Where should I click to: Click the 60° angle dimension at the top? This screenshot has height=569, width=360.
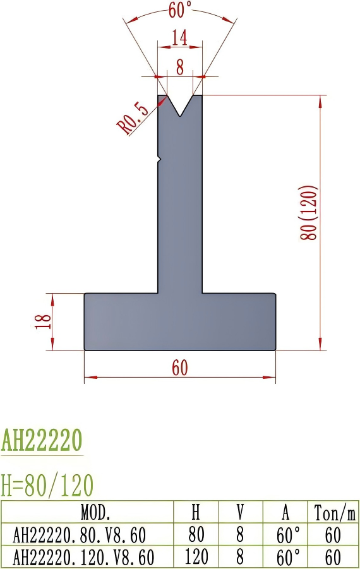pyautogui.click(x=181, y=10)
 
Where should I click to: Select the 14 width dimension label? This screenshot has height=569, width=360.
pyautogui.click(x=179, y=39)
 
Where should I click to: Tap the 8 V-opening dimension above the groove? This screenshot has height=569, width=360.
pyautogui.click(x=180, y=66)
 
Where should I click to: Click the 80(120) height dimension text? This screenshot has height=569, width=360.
pyautogui.click(x=309, y=212)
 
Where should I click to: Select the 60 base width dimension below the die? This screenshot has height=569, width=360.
pyautogui.click(x=180, y=368)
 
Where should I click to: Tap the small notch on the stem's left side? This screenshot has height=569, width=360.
pyautogui.click(x=159, y=159)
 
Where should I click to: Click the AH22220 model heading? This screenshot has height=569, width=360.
pyautogui.click(x=42, y=440)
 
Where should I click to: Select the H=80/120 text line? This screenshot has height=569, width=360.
pyautogui.click(x=47, y=485)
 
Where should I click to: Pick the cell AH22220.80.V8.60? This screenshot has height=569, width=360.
pyautogui.click(x=80, y=535)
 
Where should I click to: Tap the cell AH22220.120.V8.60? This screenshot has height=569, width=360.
pyautogui.click(x=83, y=557)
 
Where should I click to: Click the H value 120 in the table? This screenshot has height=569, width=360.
pyautogui.click(x=196, y=557)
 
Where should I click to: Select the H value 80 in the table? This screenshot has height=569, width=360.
pyautogui.click(x=196, y=535)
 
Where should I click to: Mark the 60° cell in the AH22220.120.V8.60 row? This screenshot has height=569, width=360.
pyautogui.click(x=287, y=557)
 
